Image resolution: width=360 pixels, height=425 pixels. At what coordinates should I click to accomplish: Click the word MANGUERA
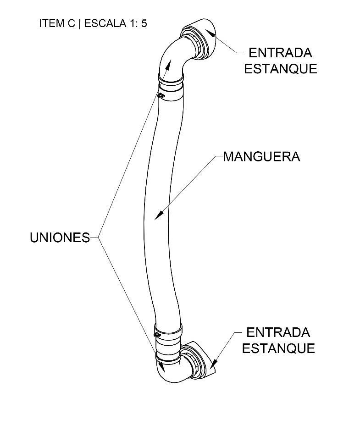[x=261, y=157]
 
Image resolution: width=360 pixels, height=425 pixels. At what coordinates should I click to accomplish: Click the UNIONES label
[x=60, y=237]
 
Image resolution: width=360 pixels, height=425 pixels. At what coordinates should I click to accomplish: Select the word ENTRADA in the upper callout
[x=280, y=52]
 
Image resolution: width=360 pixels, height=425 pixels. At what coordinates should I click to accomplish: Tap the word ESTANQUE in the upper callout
[x=280, y=69]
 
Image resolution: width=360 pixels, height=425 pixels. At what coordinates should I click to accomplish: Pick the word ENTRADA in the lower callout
[x=278, y=332]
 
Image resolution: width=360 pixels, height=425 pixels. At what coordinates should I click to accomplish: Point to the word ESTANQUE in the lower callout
[x=278, y=348]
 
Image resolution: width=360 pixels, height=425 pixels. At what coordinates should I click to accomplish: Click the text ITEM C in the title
[x=57, y=24]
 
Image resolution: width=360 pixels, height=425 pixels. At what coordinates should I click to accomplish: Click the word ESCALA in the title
[x=104, y=24]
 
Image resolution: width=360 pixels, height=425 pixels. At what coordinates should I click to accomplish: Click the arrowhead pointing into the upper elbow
[x=168, y=63]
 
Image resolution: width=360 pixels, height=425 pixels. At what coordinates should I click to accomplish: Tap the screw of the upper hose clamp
[x=161, y=95]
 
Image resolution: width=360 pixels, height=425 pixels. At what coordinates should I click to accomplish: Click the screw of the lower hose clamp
[x=157, y=335]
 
